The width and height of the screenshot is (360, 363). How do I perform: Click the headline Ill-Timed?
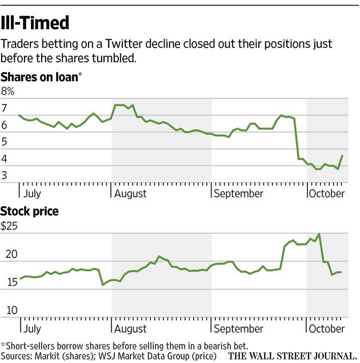pyautogui.click(x=35, y=23)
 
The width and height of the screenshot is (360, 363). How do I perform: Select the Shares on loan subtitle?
pyautogui.click(x=39, y=76)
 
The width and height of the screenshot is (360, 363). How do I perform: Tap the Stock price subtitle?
pyautogui.click(x=29, y=212)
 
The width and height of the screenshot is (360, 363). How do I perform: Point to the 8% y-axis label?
pyautogui.click(x=7, y=91)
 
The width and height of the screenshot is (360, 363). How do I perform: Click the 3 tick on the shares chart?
pyautogui.click(x=5, y=177)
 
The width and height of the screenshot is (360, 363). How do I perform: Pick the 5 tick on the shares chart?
pyautogui.click(x=5, y=143)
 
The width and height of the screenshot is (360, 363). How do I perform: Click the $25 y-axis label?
pyautogui.click(x=9, y=226)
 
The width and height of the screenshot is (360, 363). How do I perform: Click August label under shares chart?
pyautogui.click(x=130, y=193)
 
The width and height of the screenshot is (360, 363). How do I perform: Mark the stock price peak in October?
pyautogui.click(x=319, y=234)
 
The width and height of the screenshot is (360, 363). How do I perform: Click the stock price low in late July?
pyautogui.click(x=103, y=284)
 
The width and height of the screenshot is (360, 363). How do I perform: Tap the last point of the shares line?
pyautogui.click(x=342, y=155)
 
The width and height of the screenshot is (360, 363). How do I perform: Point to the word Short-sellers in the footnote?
pyautogui.click(x=29, y=346)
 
